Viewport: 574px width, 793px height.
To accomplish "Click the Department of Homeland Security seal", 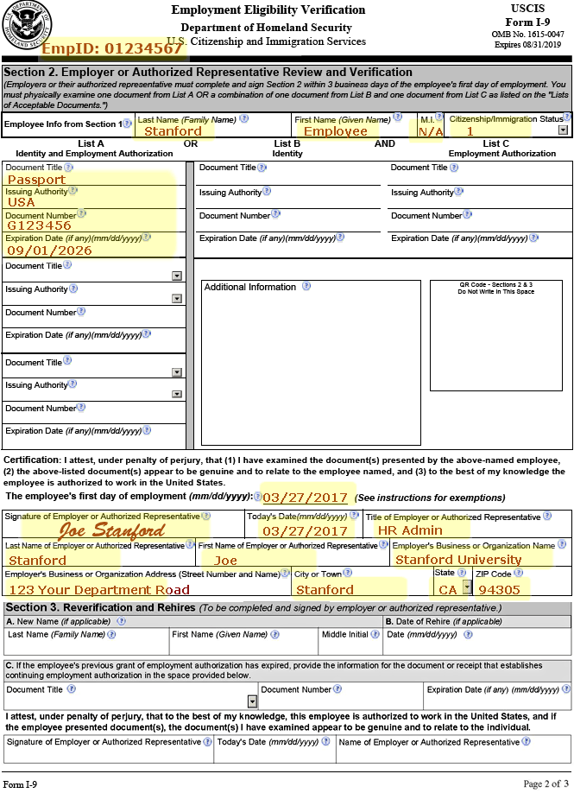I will pyautogui.click(x=26, y=25).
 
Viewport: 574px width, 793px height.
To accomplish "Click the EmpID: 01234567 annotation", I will pyautogui.click(x=112, y=48).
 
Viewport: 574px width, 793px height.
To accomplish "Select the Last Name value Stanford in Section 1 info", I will pyautogui.click(x=173, y=131).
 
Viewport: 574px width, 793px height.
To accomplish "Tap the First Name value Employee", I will pyautogui.click(x=336, y=131).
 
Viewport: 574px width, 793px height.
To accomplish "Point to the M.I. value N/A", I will pyautogui.click(x=431, y=131).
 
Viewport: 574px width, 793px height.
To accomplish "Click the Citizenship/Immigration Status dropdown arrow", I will pyautogui.click(x=563, y=130).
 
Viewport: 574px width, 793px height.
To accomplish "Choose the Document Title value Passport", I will pyautogui.click(x=36, y=180).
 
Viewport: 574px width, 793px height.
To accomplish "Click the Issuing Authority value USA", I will pyautogui.click(x=22, y=202).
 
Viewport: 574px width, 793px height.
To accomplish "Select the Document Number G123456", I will pyautogui.click(x=39, y=225).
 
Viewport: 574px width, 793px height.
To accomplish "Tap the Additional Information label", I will pyautogui.click(x=249, y=287).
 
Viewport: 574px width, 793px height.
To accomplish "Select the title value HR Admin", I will pyautogui.click(x=410, y=531).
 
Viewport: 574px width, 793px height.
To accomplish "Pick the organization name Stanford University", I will pyautogui.click(x=458, y=560).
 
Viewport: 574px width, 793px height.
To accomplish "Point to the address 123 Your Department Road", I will pyautogui.click(x=98, y=590).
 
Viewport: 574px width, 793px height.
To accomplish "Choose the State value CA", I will pyautogui.click(x=447, y=590).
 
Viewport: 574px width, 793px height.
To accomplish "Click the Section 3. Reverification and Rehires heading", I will pyautogui.click(x=99, y=608).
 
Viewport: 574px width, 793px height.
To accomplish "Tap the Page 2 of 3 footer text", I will pyautogui.click(x=546, y=783).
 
